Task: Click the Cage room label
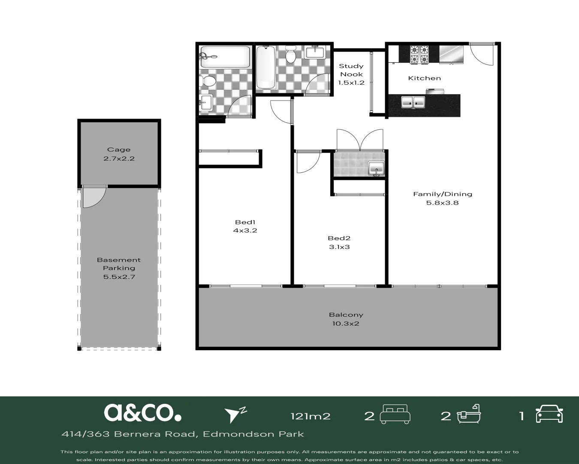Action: (119, 150)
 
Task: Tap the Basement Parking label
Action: (119, 264)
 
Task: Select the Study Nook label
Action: (351, 70)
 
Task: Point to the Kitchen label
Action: (424, 78)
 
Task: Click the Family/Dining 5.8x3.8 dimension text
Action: (442, 203)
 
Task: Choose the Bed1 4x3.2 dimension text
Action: (245, 231)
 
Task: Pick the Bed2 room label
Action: (339, 238)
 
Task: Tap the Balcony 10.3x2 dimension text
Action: (346, 324)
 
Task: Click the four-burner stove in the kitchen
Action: (419, 55)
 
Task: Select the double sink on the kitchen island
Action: (413, 102)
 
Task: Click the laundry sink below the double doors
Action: (376, 168)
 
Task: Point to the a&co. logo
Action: (142, 413)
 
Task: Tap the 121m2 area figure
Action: (311, 416)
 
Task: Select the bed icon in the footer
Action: (395, 415)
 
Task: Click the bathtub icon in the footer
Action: (469, 414)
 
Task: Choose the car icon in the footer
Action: (549, 414)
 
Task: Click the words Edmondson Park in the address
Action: (253, 434)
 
